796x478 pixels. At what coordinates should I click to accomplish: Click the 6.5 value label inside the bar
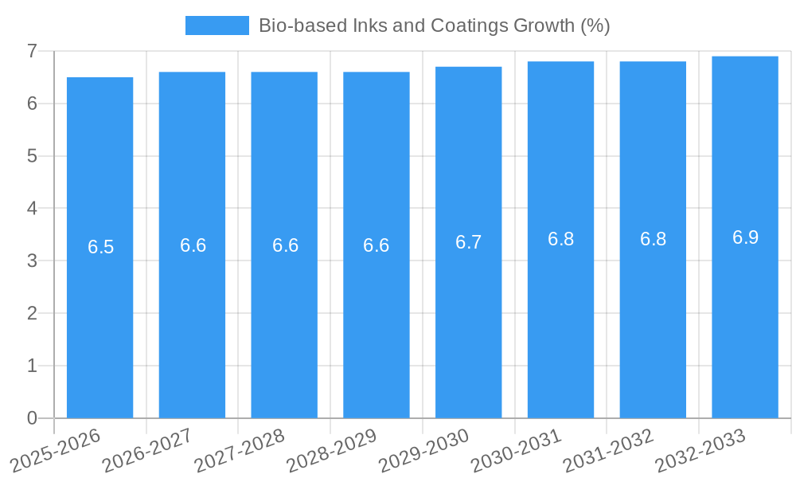point(101,247)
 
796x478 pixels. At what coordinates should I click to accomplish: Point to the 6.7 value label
point(469,242)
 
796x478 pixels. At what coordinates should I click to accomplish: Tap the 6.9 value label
point(746,237)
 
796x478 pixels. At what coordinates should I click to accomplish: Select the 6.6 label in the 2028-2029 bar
point(377,245)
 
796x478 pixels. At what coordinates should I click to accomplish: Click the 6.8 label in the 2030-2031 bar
point(561,239)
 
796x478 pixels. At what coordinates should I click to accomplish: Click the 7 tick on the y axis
point(32,51)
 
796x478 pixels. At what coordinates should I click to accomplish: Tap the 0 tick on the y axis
point(32,418)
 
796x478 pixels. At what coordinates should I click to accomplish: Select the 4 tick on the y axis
point(32,208)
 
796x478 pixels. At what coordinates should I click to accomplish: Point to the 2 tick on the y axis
point(32,313)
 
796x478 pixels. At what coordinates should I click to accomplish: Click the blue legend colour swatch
point(217,25)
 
